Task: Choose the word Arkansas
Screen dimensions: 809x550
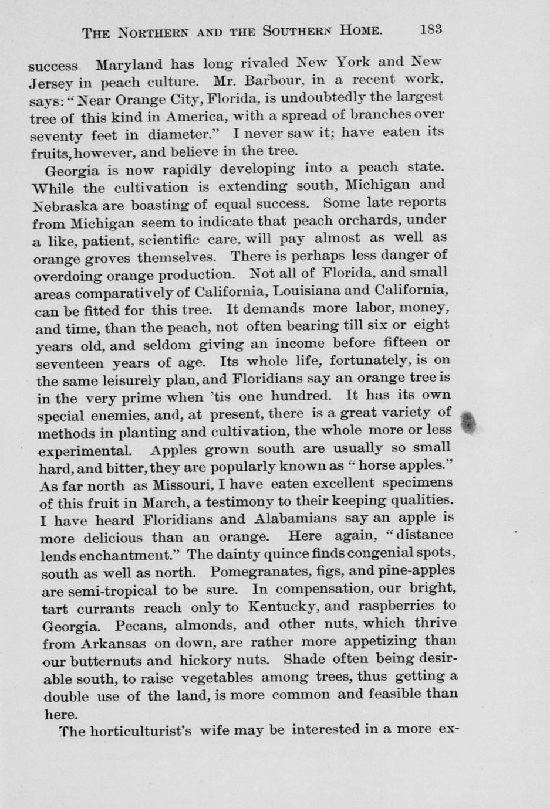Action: tap(113, 643)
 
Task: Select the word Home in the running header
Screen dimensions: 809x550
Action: tap(362, 30)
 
